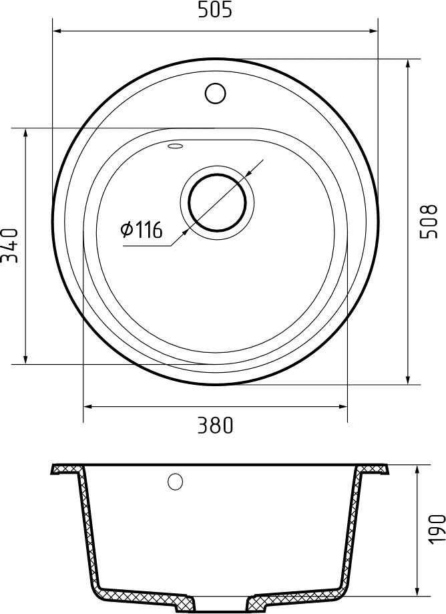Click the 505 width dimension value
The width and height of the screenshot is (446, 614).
coord(214,11)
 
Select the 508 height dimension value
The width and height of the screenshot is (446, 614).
coord(429,221)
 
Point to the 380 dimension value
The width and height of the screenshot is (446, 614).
coord(214,425)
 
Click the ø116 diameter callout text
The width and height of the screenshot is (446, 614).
coord(142,230)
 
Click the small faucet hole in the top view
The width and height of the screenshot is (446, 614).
coord(215,93)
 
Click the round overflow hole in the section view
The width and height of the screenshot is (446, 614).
coord(176,481)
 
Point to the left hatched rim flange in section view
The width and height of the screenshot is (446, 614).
coord(67,469)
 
